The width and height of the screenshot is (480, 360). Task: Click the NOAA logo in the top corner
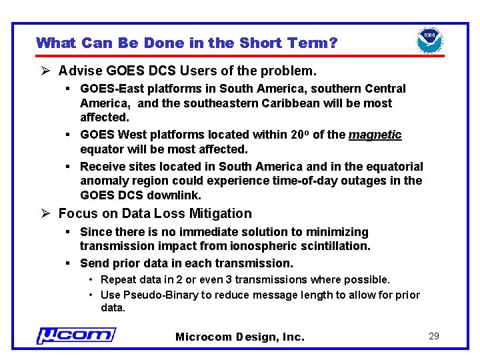[x=430, y=41]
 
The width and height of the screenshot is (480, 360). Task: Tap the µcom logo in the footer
[x=76, y=335]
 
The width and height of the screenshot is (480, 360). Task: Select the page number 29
[x=434, y=336]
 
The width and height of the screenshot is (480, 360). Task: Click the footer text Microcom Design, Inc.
[x=240, y=337]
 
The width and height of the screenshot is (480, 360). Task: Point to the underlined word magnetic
[x=375, y=135]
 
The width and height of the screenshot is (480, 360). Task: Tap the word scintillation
[x=337, y=246]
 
